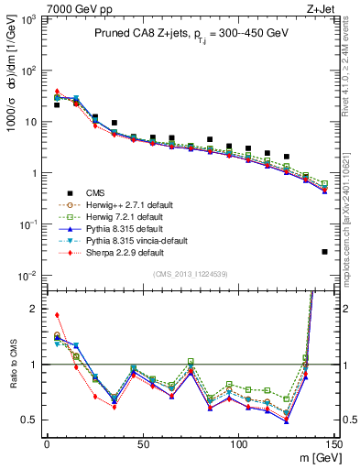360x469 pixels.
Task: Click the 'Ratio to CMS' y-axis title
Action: tap(12, 364)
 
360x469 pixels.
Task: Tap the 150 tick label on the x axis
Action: tap(334, 443)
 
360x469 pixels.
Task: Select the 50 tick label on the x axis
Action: tap(143, 443)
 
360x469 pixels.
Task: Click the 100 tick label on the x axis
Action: tap(238, 443)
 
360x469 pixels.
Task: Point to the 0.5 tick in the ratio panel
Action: tap(32, 420)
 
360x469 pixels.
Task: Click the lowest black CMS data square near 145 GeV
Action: tap(325, 252)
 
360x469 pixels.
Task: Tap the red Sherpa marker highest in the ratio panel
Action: tap(57, 315)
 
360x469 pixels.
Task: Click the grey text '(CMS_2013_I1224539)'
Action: tap(191, 273)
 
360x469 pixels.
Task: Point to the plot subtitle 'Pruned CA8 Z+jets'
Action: tap(137, 33)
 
